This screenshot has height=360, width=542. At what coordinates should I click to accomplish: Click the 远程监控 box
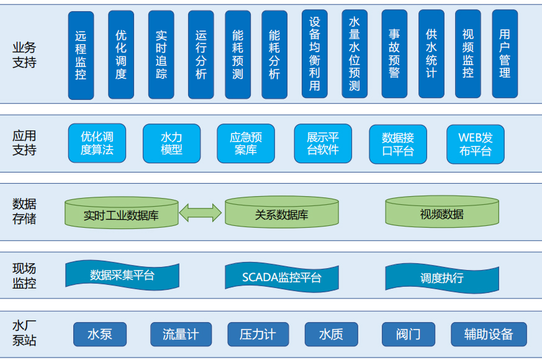coord(81,55)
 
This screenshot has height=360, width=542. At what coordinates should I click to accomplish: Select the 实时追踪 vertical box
coord(161,55)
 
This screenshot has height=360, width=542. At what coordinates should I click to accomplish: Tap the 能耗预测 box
coord(237,55)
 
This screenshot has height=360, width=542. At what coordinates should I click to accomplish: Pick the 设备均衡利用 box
coord(314,54)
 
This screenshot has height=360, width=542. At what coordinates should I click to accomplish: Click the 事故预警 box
coord(394,54)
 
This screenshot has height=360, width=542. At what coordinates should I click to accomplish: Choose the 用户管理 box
coord(505,54)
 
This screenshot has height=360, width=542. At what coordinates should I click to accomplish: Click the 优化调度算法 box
coord(97,143)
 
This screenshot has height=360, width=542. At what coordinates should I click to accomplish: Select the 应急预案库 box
coord(246,143)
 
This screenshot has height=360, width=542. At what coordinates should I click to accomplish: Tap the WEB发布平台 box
coord(475,144)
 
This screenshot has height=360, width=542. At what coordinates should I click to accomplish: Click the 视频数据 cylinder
coord(441,214)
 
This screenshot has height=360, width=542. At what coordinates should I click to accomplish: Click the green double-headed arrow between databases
coord(201,212)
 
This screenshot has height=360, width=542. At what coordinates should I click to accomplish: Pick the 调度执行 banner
coord(441,277)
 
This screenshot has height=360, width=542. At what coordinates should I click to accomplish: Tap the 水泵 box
coord(100,335)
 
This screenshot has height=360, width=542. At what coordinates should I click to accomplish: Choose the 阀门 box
coord(408,335)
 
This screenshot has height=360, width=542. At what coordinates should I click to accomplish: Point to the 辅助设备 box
coord(489,335)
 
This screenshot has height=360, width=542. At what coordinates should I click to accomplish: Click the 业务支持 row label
coord(24,55)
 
